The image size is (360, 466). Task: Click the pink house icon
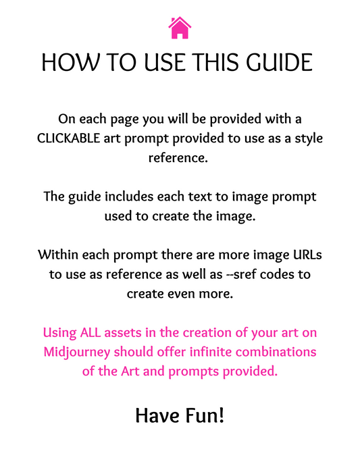[x=180, y=28]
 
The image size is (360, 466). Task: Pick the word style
[x=305, y=138]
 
